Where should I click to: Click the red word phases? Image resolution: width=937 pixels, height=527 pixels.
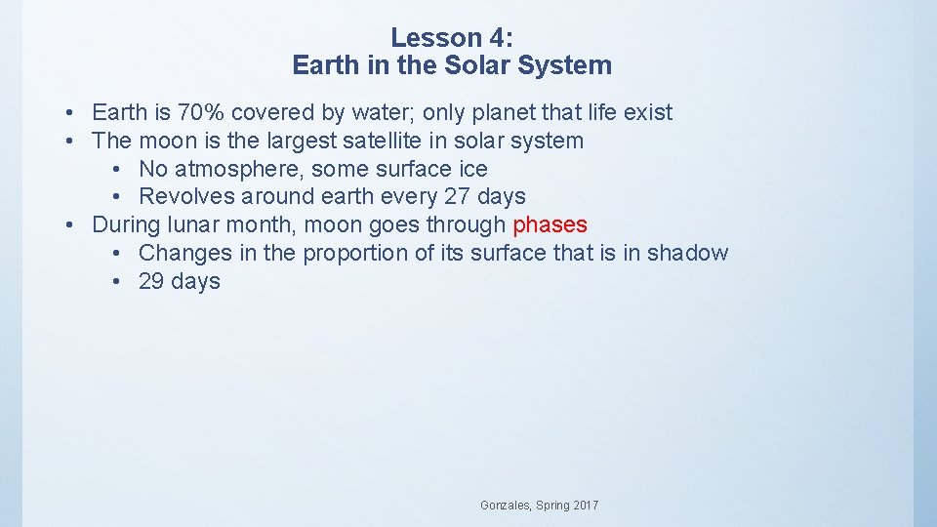point(550,224)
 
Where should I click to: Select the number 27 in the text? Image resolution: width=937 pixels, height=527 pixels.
point(457,196)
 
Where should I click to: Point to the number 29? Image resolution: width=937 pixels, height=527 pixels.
point(151,281)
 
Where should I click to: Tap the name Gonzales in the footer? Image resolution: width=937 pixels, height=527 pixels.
point(506,506)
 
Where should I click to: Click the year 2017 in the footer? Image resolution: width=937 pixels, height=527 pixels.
point(585,506)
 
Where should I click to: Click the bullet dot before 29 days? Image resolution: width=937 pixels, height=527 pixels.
point(116,281)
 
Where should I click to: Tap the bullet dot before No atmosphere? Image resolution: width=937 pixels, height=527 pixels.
point(116,169)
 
